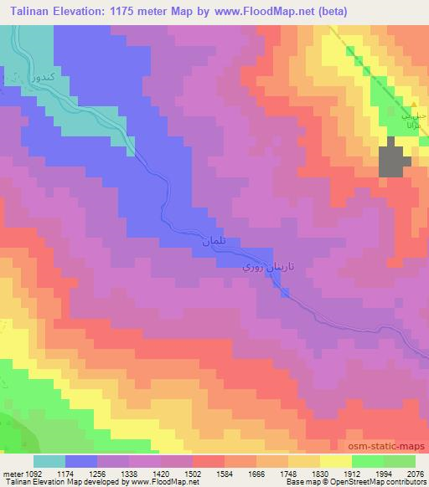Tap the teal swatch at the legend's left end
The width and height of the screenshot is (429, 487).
click(50, 462)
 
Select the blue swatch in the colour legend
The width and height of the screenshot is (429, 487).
click(82, 462)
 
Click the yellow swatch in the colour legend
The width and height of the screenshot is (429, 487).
click(336, 462)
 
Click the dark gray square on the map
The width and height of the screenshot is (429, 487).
click(395, 159)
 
